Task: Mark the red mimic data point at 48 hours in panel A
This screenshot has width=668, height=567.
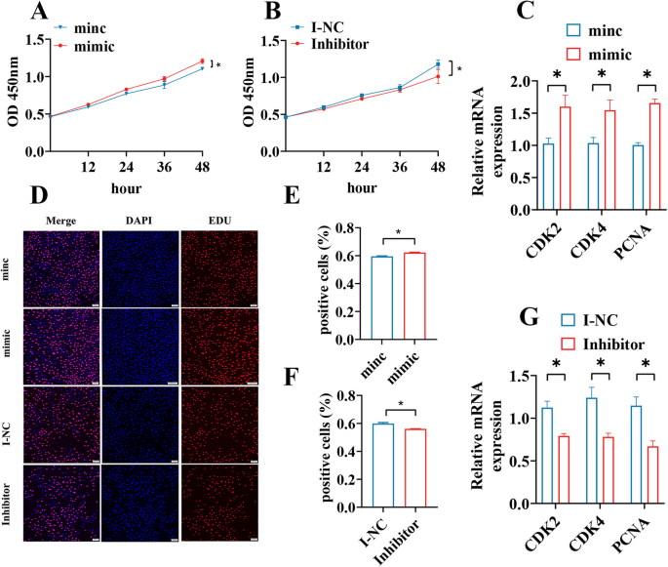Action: [x=202, y=61]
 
